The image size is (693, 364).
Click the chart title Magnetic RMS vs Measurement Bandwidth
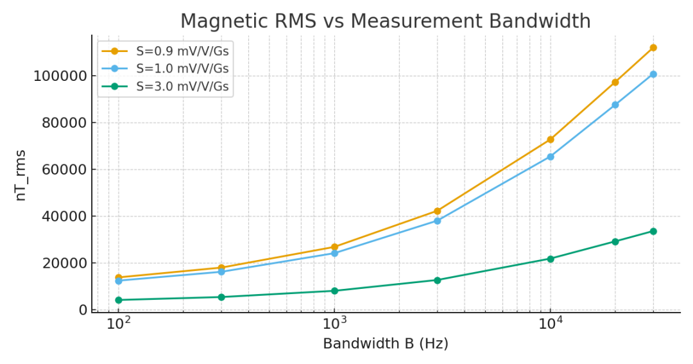(385, 21)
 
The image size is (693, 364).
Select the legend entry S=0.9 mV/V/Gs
(182, 51)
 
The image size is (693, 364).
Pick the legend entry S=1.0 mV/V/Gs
(182, 69)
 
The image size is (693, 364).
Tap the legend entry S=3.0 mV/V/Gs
(182, 86)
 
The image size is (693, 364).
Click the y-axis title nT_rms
(21, 175)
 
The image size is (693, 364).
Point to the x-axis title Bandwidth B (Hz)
(385, 344)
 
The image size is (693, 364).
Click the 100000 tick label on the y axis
(60, 76)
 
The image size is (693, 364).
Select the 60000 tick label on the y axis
(64, 170)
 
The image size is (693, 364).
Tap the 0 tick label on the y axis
(83, 310)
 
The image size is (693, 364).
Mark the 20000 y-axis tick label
(64, 263)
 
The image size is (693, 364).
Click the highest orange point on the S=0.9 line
(653, 48)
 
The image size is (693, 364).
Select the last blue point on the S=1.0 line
(653, 74)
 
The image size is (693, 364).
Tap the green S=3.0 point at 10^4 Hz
(550, 259)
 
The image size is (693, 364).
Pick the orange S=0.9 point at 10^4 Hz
(550, 139)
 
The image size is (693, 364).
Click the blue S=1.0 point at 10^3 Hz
(334, 253)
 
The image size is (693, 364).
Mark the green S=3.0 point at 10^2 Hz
(118, 300)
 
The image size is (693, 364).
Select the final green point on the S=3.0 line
(653, 231)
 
